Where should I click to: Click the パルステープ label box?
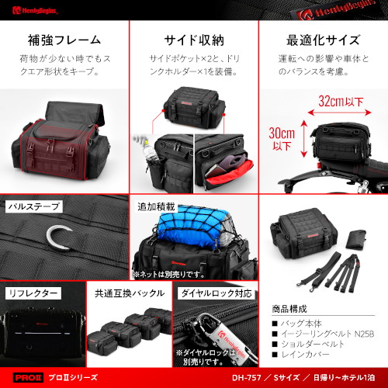pyautogui.click(x=34, y=208)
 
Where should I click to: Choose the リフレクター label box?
pyautogui.click(x=34, y=293)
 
